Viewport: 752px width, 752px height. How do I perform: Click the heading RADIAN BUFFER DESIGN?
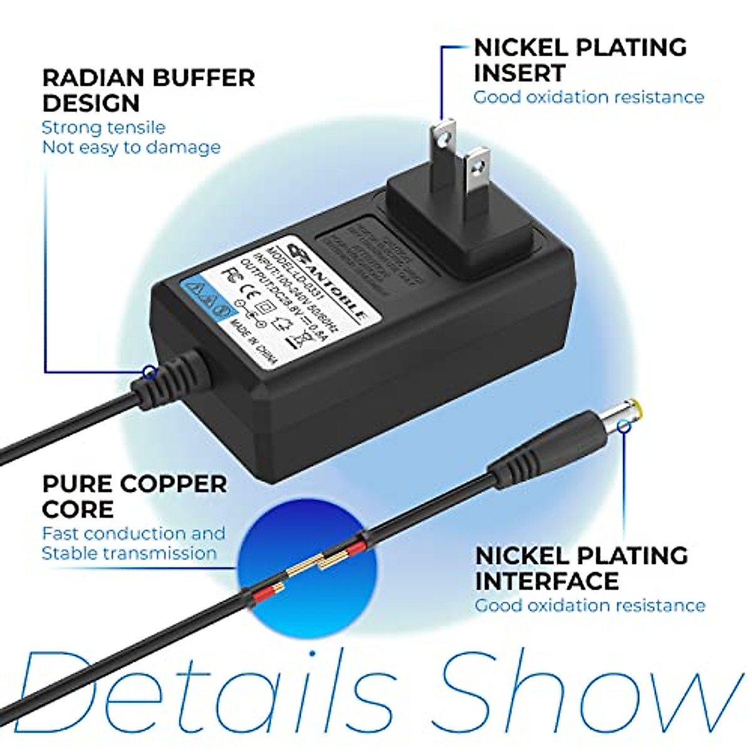click(149, 90)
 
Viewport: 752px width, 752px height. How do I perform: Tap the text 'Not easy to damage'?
click(131, 147)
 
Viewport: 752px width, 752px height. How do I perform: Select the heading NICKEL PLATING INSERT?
click(580, 60)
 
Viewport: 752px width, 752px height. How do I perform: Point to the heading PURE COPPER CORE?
click(134, 496)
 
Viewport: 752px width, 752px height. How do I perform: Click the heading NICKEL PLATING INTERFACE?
click(581, 568)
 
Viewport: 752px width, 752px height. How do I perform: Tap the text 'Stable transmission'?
click(129, 553)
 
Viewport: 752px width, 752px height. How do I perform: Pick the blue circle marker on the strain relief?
click(149, 372)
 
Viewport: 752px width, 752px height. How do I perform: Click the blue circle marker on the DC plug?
click(624, 427)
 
